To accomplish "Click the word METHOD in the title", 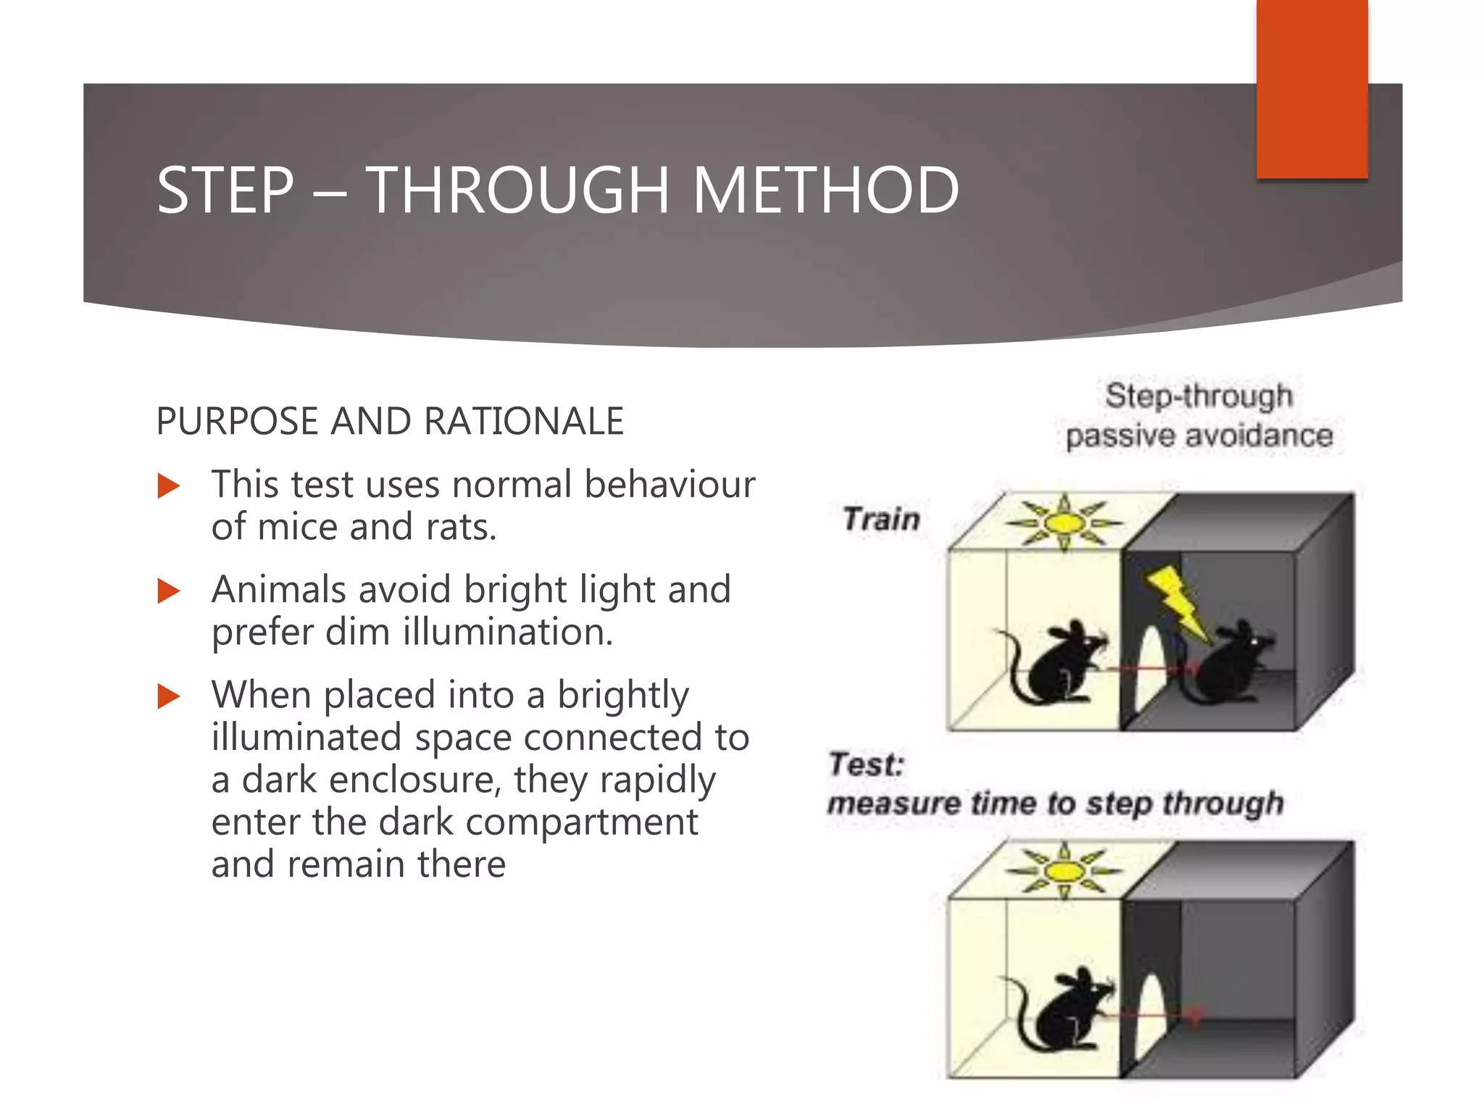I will click(x=825, y=191).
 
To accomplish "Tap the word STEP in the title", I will click(x=225, y=191).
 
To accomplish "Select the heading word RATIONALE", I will click(x=523, y=422).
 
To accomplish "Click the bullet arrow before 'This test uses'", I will click(x=168, y=485).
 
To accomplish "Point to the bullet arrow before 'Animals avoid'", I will click(x=168, y=591).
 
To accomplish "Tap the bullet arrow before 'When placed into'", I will click(x=168, y=696).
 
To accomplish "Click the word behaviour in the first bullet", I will click(x=670, y=484).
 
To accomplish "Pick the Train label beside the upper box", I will click(x=881, y=520).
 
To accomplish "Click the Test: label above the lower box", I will click(x=867, y=764).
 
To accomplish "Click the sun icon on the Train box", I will click(x=1063, y=522).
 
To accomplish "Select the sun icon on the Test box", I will click(x=1063, y=870).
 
